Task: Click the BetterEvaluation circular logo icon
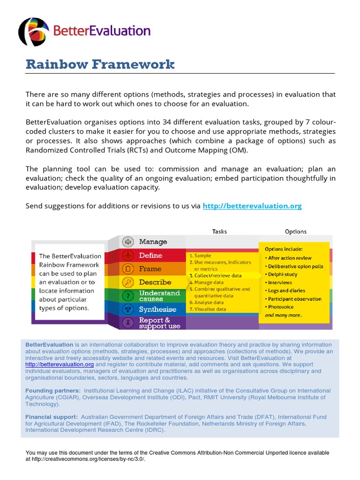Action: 33,32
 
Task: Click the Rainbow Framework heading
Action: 100,64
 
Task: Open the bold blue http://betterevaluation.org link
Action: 252,206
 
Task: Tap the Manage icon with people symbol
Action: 127,242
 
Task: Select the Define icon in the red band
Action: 127,255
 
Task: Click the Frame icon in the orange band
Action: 127,269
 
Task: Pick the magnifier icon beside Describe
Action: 127,282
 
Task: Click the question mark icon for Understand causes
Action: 127,296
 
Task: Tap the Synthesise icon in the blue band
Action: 127,309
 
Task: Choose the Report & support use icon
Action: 127,322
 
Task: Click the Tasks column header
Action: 219,231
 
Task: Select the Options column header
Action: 295,231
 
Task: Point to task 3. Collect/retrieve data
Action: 215,276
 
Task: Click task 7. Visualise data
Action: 207,309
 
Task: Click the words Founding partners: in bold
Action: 53,390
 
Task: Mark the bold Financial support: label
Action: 52,417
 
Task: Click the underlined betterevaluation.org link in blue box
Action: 60,364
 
